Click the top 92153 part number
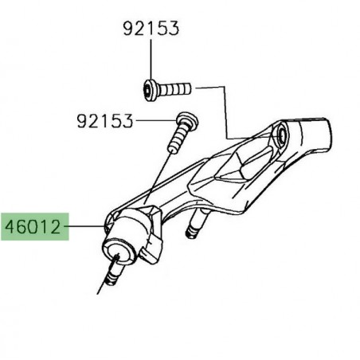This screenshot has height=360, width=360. pyautogui.click(x=151, y=29)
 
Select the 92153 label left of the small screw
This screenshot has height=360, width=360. pyautogui.click(x=105, y=123)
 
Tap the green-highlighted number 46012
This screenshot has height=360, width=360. pyautogui.click(x=33, y=227)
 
